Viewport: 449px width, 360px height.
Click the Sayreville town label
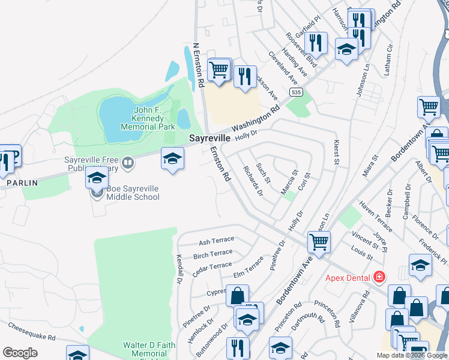(210, 138)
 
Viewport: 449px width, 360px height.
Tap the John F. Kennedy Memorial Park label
(148, 118)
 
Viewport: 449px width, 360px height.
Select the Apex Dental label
(348, 277)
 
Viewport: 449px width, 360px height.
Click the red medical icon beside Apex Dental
(379, 277)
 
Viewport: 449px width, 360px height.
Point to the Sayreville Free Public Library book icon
(127, 162)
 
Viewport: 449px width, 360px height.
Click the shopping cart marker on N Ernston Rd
(220, 70)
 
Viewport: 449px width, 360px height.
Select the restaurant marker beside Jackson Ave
(244, 77)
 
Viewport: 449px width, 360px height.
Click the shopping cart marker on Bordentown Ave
(318, 242)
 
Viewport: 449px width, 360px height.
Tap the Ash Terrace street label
(216, 241)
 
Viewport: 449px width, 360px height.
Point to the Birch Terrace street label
(212, 254)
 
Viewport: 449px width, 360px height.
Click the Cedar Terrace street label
(212, 266)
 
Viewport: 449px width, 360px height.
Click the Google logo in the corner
(20, 352)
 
